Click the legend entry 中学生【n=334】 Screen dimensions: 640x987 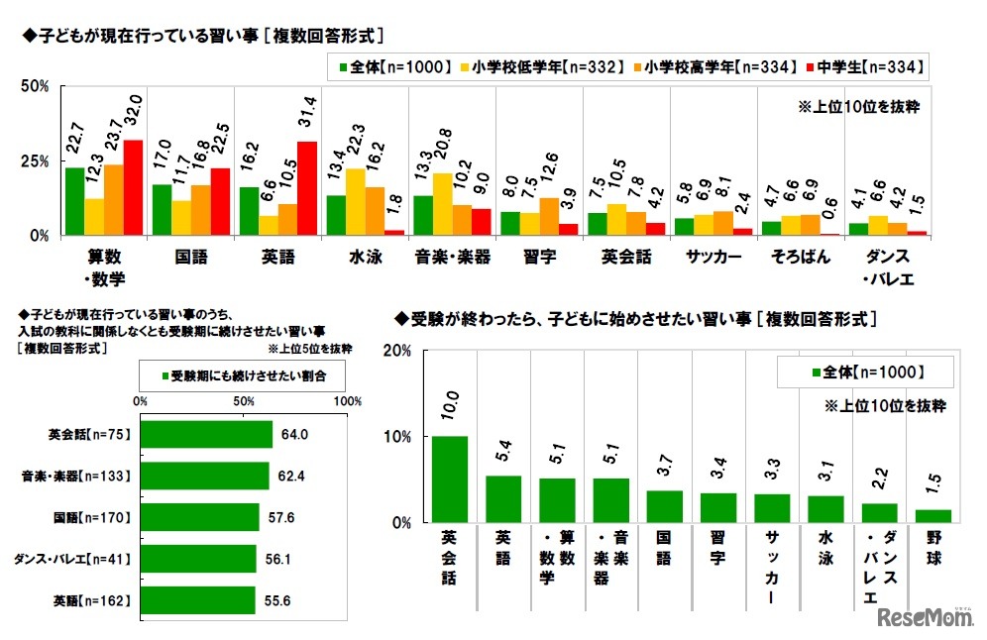pos(869,67)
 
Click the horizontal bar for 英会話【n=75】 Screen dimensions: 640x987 pos(206,434)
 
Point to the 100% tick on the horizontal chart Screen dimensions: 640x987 pos(347,402)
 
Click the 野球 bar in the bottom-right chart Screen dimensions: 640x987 pos(933,516)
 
